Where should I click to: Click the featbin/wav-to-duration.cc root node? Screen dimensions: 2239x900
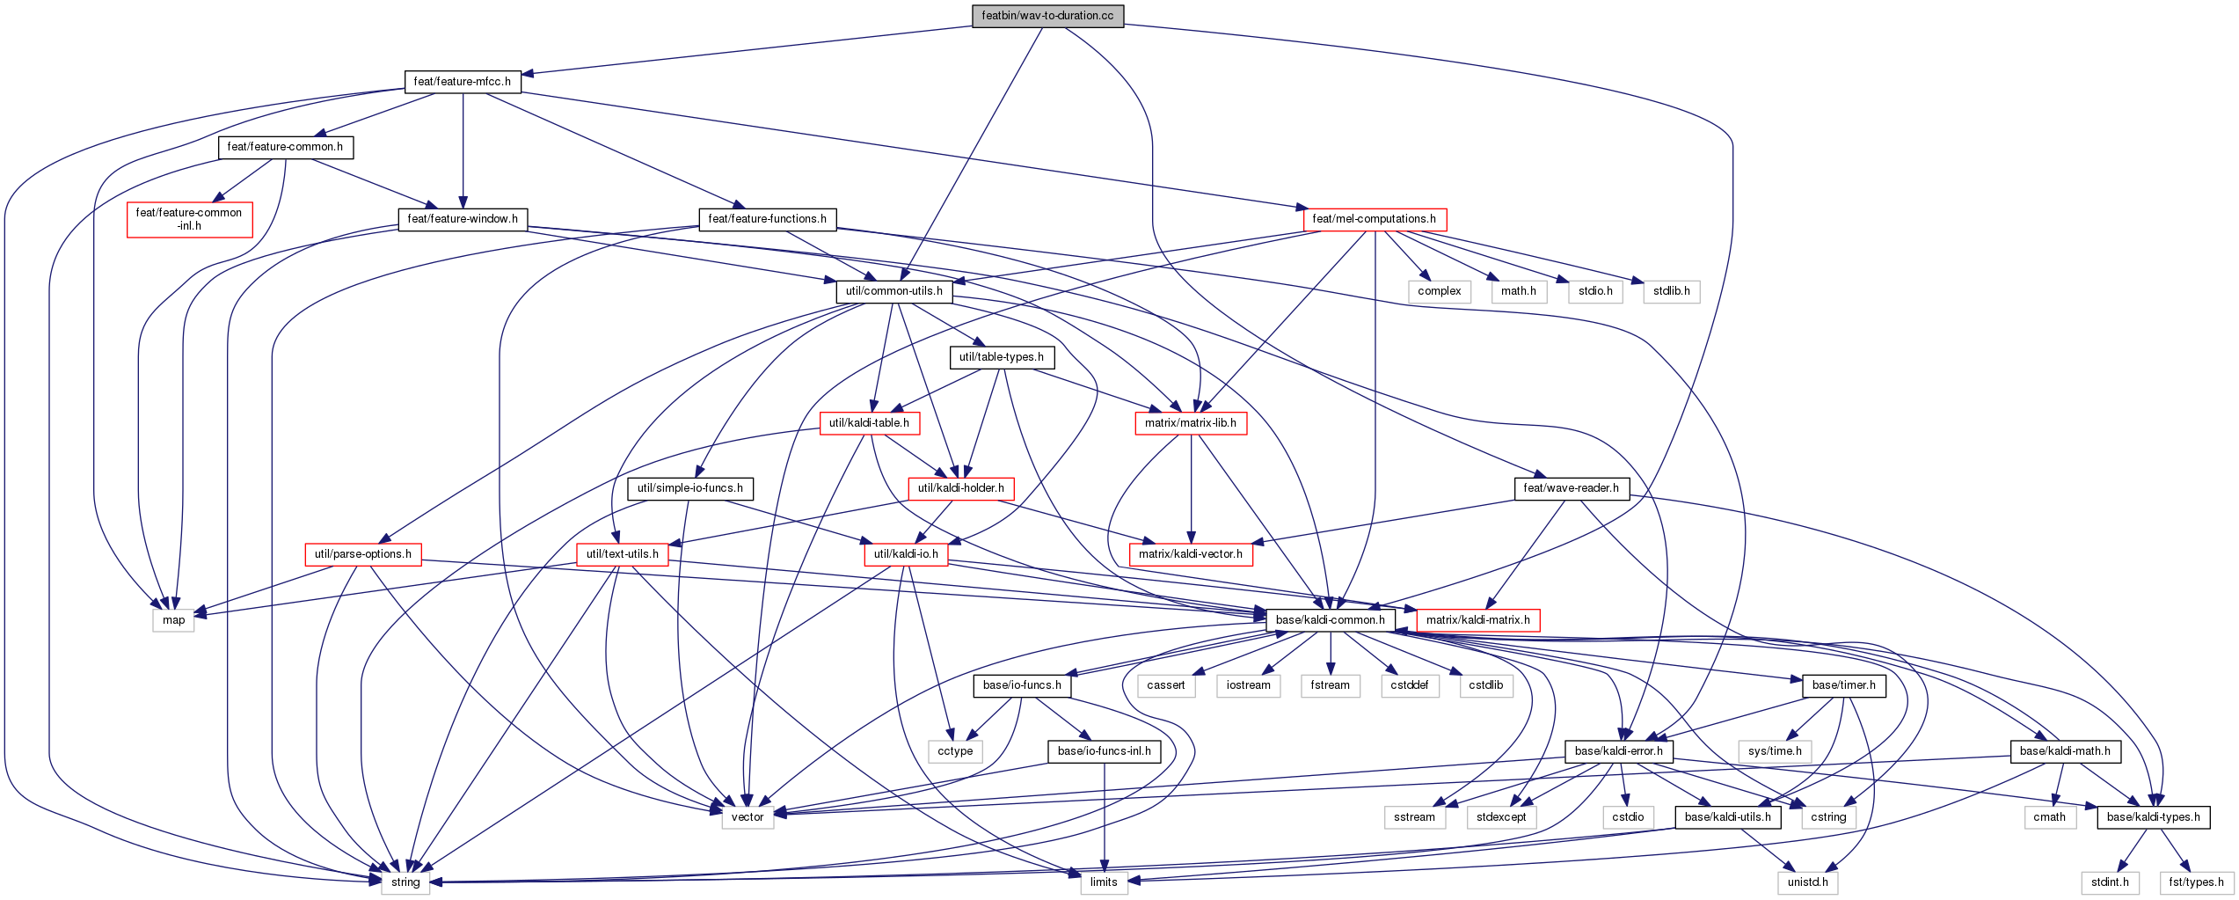point(1047,16)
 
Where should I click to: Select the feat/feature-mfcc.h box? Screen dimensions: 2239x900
point(463,82)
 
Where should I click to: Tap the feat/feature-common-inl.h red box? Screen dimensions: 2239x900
point(189,219)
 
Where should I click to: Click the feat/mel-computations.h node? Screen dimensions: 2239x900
point(1374,219)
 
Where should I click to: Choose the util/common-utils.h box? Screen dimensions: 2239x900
point(894,291)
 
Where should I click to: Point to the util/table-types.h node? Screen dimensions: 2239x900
point(1002,357)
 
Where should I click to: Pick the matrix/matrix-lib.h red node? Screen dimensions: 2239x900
point(1191,423)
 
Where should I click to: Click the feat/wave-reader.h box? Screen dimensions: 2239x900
point(1571,488)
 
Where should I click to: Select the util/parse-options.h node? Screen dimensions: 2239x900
point(363,554)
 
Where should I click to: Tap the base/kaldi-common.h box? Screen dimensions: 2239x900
point(1330,620)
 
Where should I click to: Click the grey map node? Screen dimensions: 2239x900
point(174,620)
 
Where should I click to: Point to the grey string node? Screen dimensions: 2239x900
point(405,882)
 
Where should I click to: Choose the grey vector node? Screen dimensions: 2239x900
point(748,817)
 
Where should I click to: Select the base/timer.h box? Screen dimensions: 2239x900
point(1844,685)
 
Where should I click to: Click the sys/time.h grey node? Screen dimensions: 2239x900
point(1775,751)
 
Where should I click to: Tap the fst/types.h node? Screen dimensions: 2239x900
point(2197,882)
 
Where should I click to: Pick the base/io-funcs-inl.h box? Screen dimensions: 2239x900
point(1105,751)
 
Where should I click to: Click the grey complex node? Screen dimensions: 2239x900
point(1440,291)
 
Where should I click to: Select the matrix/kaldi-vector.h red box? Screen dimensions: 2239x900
point(1191,554)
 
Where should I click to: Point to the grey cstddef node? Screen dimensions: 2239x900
point(1410,685)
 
